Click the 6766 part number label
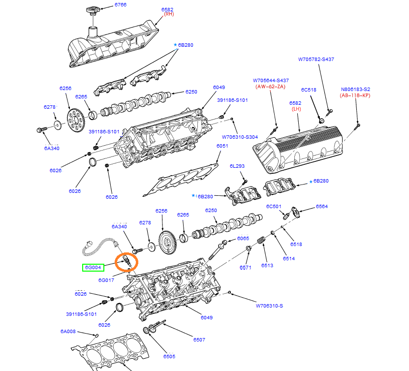click(x=121, y=5)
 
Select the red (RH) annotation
click(x=168, y=14)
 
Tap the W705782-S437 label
click(x=316, y=59)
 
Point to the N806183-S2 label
click(x=355, y=90)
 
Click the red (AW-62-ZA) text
click(x=270, y=87)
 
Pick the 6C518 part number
click(x=309, y=90)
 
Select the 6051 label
click(x=222, y=146)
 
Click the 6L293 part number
click(x=237, y=166)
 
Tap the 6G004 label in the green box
click(x=93, y=268)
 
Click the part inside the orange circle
click(x=126, y=261)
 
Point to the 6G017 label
click(x=106, y=280)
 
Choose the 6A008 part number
click(x=68, y=331)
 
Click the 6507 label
click(x=199, y=340)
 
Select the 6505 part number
click(x=169, y=356)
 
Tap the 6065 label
click(x=243, y=238)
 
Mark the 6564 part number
click(x=322, y=207)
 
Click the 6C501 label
click(x=274, y=207)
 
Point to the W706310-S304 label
click(x=240, y=137)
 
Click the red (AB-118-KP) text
click(x=355, y=95)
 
